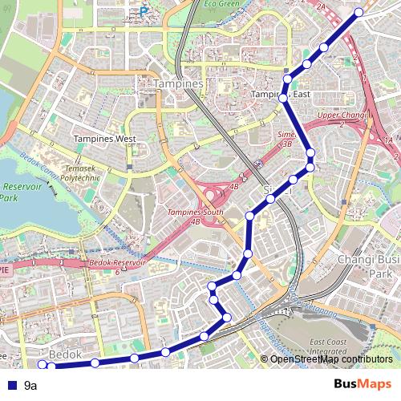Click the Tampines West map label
[105, 139]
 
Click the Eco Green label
[221, 4]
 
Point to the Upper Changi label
[342, 115]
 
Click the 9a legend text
[31, 386]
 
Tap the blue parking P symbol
[144, 12]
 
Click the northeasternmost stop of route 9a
[358, 12]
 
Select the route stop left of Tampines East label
[283, 98]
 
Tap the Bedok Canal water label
[36, 164]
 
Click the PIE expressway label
[5, 270]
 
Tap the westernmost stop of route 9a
[43, 365]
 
